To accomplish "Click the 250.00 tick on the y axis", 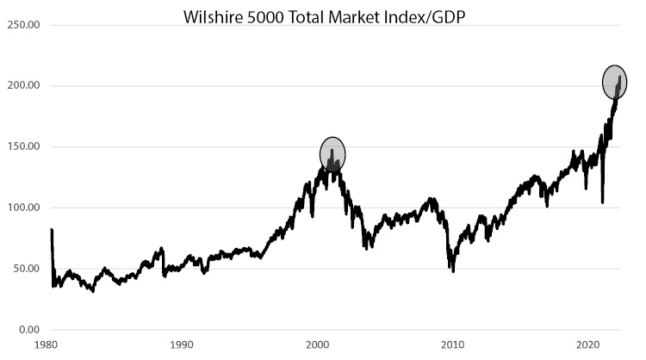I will point(23,25).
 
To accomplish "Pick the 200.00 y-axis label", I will point(23,86).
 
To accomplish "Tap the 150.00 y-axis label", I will point(23,146).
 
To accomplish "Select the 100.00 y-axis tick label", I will point(23,208).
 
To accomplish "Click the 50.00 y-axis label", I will point(26,269).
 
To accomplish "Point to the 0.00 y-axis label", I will point(28,330).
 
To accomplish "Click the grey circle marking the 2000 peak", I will point(332,154).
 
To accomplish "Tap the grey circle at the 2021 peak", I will point(614,82).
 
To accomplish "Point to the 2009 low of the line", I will point(453,270).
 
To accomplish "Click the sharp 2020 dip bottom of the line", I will point(602,202).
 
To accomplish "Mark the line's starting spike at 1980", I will point(52,231).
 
